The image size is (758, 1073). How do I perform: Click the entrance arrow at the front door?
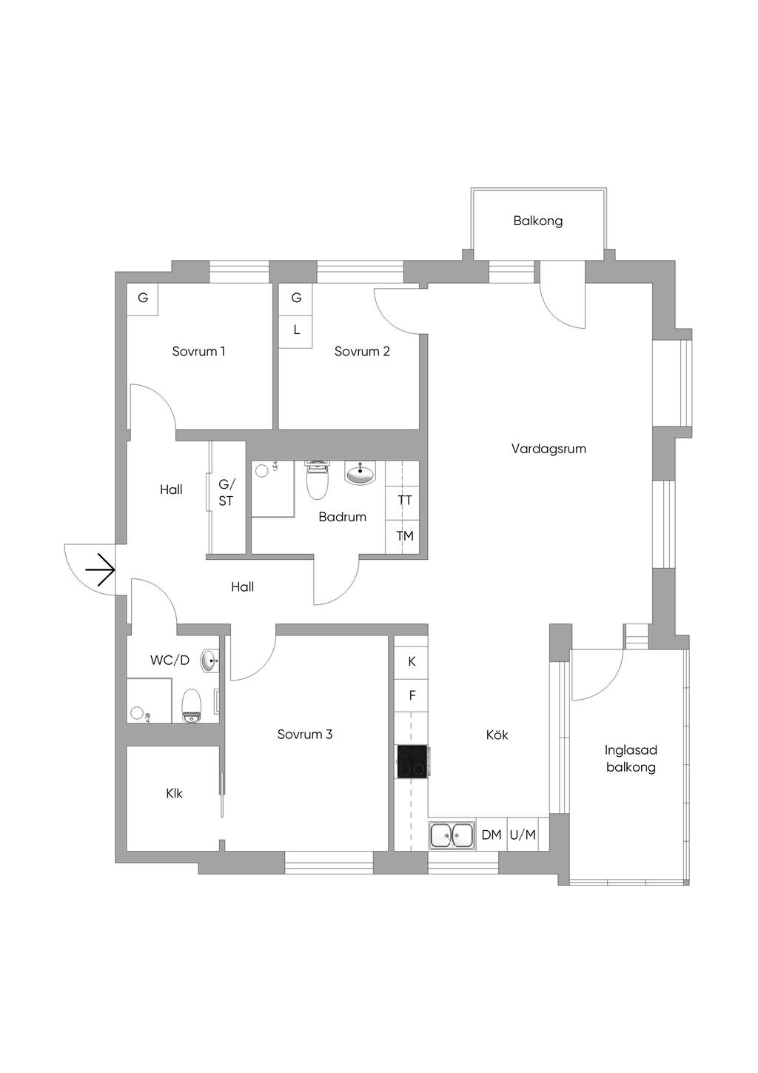pos(100,571)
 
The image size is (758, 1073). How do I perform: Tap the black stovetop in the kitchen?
pos(412,761)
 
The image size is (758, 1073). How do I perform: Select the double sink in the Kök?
pos(452,835)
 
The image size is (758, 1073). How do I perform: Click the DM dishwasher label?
pos(492,835)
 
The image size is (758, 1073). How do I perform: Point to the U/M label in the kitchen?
pos(523,835)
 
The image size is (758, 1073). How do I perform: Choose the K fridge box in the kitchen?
pos(412,661)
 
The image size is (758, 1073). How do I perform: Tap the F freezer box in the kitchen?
pos(412,696)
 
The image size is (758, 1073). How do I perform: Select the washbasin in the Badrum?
pos(360,473)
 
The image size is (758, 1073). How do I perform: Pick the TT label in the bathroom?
pos(405,501)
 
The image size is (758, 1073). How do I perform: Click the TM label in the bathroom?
pos(405,535)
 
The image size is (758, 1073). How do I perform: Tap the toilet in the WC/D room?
pos(192,706)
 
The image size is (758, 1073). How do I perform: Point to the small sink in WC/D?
pos(209,661)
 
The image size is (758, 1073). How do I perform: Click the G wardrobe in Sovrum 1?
pos(143,298)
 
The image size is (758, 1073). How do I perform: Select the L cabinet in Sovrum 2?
pos(297,330)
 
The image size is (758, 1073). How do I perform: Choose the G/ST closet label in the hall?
pos(226,492)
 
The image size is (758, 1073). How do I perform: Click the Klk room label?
pos(174,794)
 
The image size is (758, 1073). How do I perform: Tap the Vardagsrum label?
pos(549,449)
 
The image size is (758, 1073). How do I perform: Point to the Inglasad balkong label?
pos(631,758)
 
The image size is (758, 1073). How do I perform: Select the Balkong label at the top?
pos(538,221)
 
